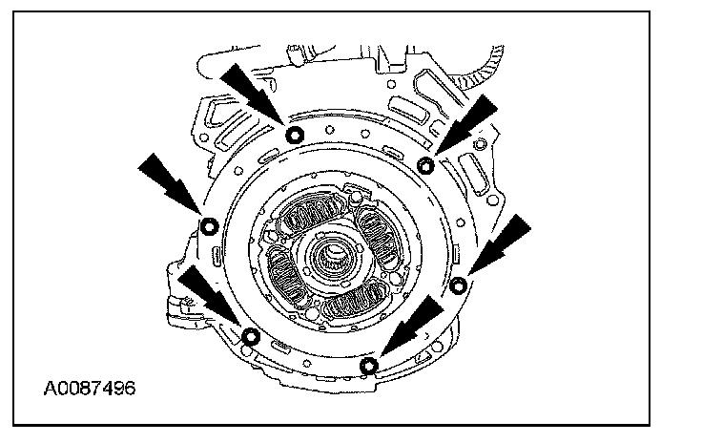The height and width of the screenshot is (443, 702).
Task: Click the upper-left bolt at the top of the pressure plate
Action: pos(295,133)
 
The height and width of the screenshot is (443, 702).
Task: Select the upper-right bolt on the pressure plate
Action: pos(426,165)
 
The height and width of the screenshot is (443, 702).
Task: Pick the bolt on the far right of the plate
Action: pos(459,284)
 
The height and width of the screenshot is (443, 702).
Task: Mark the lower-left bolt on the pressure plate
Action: pos(251,335)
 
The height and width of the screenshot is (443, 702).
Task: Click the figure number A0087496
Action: pos(89,389)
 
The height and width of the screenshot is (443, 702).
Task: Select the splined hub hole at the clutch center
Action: pos(335,255)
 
